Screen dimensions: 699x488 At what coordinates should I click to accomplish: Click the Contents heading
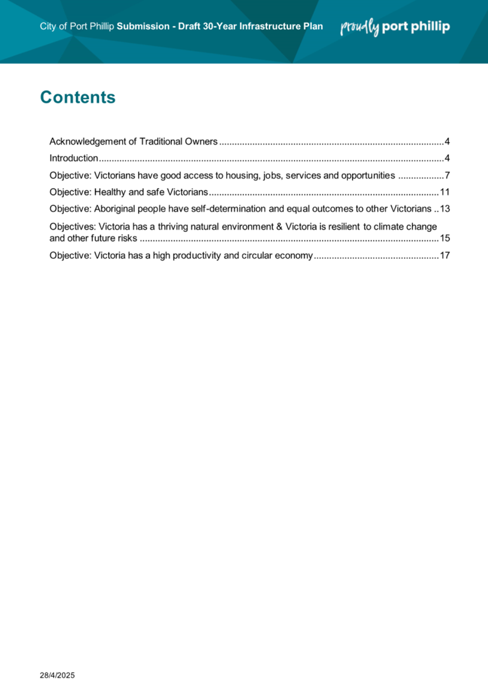78,97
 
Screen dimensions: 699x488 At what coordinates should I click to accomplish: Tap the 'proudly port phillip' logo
395,27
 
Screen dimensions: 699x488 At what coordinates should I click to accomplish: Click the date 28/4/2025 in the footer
57,675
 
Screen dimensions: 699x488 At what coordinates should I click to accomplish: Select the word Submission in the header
143,26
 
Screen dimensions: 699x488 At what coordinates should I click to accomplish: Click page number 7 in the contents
447,176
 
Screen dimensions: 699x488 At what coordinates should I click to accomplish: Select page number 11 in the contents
445,192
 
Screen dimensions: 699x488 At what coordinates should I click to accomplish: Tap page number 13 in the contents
445,209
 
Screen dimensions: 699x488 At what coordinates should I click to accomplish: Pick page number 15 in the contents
445,238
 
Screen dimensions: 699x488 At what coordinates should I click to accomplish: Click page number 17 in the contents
445,255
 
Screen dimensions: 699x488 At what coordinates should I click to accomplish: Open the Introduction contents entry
74,158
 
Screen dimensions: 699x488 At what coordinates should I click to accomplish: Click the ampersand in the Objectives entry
279,227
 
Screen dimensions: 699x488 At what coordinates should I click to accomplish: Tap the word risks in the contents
127,238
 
